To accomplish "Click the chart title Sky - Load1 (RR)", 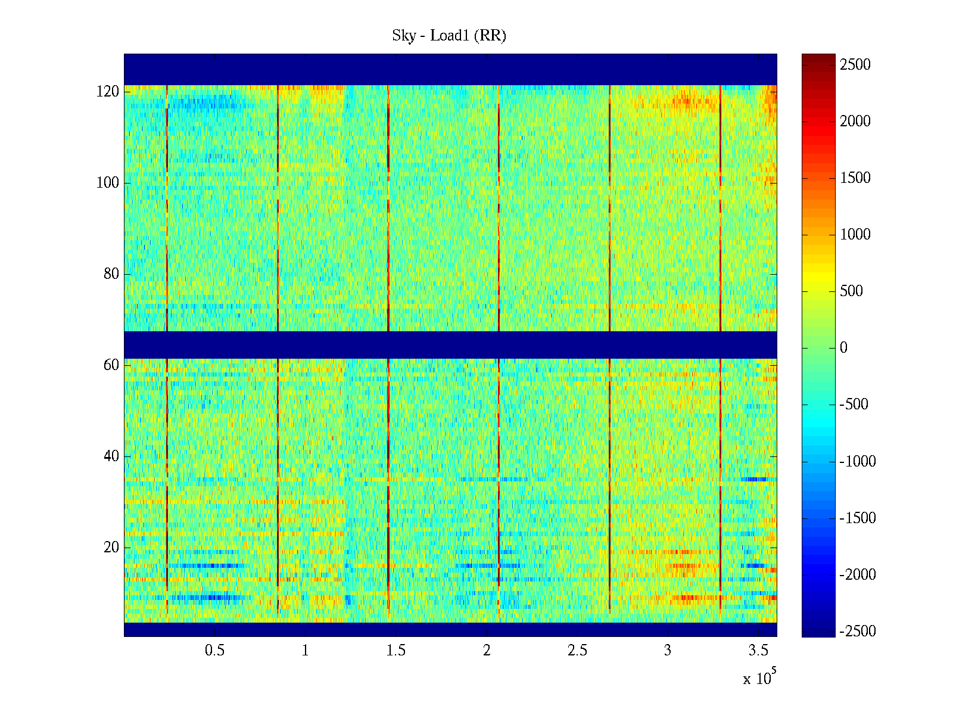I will click(449, 36).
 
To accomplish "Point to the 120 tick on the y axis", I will click(108, 92).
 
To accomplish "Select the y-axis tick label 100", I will click(108, 183).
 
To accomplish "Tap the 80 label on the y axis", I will click(111, 274).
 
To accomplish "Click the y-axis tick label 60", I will click(111, 365).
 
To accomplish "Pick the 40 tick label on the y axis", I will click(111, 456).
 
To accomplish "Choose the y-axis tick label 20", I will click(111, 548).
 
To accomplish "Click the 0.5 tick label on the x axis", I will click(214, 651).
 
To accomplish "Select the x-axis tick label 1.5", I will click(396, 651).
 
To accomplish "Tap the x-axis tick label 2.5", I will click(577, 651).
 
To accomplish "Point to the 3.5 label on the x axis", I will click(759, 651).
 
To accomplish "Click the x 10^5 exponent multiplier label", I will click(759, 678).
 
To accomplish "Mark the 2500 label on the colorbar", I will click(855, 65).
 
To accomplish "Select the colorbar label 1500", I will click(855, 178).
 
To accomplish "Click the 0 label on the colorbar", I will click(843, 348).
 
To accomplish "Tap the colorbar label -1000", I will click(858, 461).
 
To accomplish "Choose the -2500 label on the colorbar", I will click(858, 632).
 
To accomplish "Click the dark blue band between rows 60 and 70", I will click(450, 344).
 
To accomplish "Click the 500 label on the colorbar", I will click(852, 291).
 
